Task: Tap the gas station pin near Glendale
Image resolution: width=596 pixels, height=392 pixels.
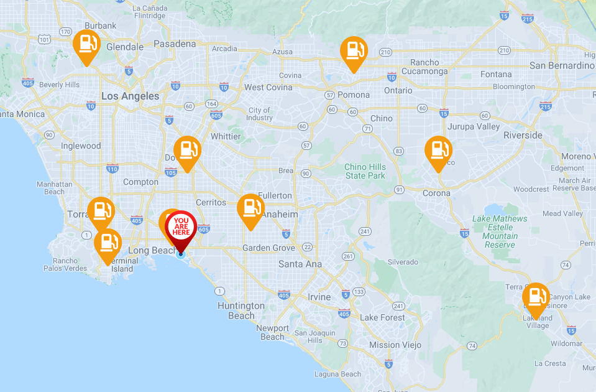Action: coord(86,45)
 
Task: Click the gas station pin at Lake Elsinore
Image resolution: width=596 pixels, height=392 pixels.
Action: coord(536,297)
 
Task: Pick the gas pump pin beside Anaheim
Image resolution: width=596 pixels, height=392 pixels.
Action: coord(250,209)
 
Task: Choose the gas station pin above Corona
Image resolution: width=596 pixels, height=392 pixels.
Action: coord(438,151)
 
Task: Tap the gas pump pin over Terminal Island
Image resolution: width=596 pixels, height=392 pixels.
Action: coord(108,243)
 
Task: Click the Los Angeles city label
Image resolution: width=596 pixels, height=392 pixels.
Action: coord(130,96)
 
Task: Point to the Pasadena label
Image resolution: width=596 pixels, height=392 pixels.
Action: coord(174,44)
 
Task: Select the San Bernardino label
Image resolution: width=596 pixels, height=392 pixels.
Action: coord(561,65)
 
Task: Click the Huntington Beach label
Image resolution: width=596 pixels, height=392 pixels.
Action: coord(241,310)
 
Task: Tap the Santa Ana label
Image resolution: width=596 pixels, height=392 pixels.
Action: coord(300,264)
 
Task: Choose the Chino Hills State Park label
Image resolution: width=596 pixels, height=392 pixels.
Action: coord(365,171)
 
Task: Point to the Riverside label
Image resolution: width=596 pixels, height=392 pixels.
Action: coord(523,135)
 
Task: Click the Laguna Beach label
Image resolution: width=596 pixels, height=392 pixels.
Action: coord(337,374)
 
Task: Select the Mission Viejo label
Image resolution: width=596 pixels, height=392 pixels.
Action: coord(395,345)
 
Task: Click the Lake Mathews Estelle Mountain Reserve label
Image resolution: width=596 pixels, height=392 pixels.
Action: coord(499,231)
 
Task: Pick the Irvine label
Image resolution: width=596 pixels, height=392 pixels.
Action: coord(319,297)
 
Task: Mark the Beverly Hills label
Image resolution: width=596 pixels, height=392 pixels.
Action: coord(59,85)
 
